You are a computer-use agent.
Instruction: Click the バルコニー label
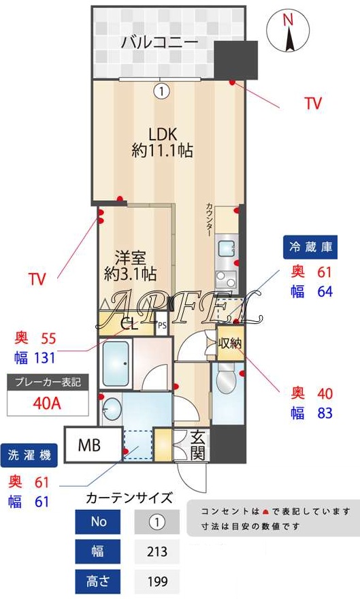click(160, 42)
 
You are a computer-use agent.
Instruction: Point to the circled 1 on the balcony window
click(161, 89)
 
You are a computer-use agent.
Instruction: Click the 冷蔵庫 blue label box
click(311, 248)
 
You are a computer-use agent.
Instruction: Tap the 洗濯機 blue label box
click(29, 455)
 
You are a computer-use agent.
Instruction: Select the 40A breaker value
click(48, 403)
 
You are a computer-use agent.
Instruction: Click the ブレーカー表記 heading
click(48, 382)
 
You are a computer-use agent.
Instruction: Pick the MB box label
click(89, 446)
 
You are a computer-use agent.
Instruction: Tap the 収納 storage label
click(230, 343)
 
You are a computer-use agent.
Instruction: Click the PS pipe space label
click(162, 325)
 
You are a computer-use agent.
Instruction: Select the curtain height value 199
click(157, 582)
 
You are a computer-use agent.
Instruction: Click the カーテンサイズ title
click(129, 498)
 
